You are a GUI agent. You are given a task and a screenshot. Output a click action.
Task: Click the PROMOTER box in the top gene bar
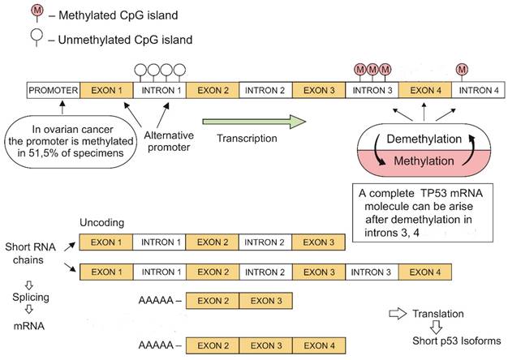click(x=53, y=89)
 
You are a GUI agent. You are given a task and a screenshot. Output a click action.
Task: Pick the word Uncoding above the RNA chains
click(x=101, y=222)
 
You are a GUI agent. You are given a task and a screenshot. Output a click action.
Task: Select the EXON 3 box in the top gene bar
click(x=319, y=89)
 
